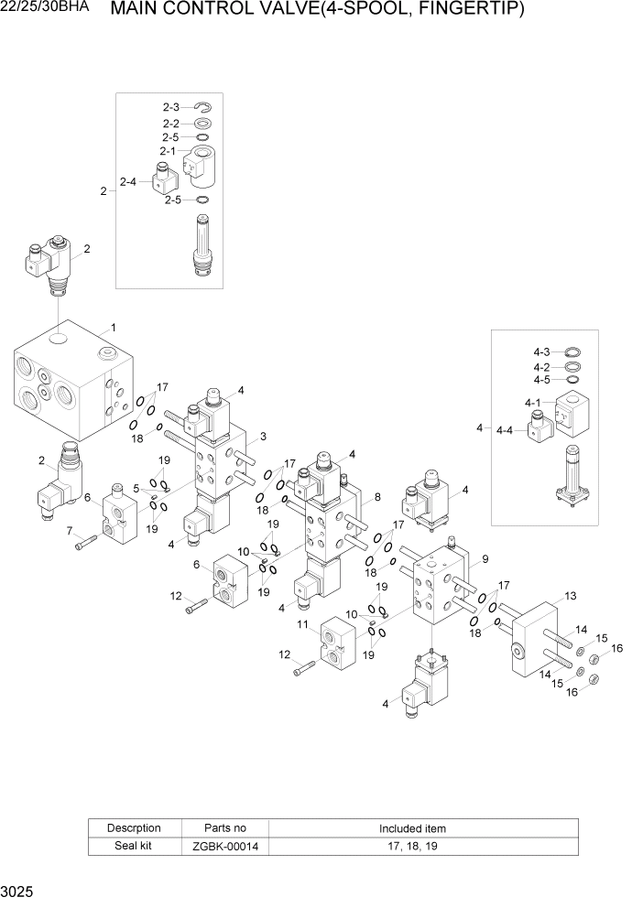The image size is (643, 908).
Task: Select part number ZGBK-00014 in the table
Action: pos(225,847)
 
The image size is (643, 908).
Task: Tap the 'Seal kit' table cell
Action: pos(134,847)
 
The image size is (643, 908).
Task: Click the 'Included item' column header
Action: pos(412,828)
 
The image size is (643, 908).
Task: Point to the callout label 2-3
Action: pos(171,107)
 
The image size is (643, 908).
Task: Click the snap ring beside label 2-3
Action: pos(203,107)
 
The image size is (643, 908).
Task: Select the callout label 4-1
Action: pos(532,403)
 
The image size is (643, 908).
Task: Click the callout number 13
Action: pos(570,597)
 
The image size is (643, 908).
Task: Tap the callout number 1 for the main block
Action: pos(113,327)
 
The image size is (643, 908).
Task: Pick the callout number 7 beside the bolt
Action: pos(69,531)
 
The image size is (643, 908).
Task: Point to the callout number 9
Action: pos(485,559)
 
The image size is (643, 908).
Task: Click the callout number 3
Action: pos(263,436)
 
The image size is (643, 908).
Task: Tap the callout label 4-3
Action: pos(541,352)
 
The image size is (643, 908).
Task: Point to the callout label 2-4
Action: pos(128,181)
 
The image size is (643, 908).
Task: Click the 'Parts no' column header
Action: pos(225,828)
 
